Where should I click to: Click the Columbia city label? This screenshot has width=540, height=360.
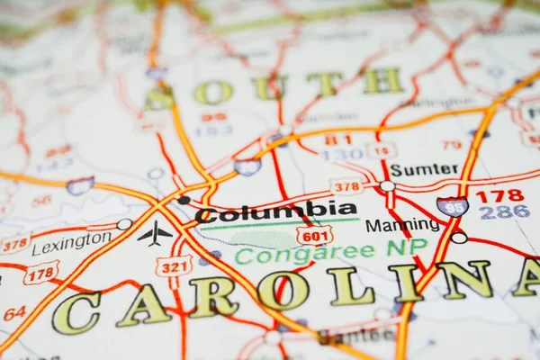point(276,213)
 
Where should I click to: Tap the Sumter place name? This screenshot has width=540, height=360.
point(424,169)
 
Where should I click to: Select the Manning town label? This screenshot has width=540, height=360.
point(402,225)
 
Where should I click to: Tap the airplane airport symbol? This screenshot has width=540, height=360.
point(155,234)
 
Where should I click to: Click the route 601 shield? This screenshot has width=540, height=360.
point(314,236)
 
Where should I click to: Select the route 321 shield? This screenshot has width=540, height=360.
point(173,266)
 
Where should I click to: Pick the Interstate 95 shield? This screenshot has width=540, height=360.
point(453,206)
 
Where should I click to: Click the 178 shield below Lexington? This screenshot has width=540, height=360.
point(41,273)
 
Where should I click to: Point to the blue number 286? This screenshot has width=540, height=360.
point(504,212)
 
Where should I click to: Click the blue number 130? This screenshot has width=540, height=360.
point(342,155)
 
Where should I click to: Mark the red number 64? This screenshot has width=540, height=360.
point(13,314)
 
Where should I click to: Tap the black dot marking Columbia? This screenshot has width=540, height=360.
point(184,200)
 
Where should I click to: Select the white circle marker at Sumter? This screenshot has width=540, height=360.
point(387,186)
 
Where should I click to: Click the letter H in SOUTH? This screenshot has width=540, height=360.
point(382,81)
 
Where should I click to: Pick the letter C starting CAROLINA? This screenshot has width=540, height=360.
point(76,312)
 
